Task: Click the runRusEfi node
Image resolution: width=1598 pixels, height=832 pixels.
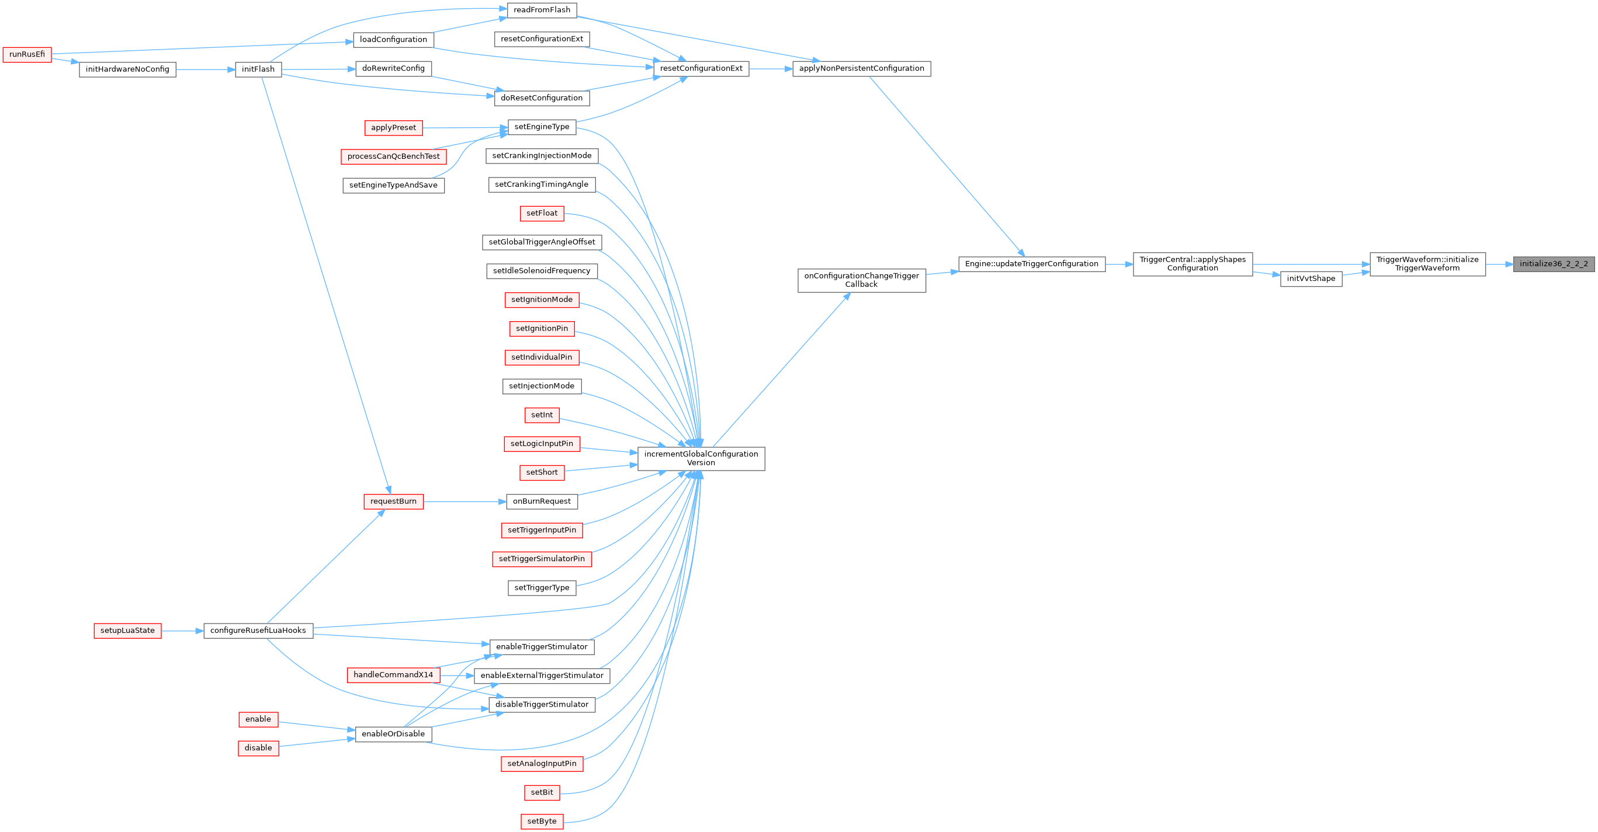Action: click(x=27, y=54)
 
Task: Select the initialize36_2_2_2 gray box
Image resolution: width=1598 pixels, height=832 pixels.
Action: click(x=1554, y=264)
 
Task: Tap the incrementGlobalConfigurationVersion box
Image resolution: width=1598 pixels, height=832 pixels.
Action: click(x=701, y=459)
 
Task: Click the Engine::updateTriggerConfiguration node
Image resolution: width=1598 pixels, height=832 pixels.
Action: click(x=1032, y=264)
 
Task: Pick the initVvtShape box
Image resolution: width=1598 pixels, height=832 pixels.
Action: click(x=1311, y=279)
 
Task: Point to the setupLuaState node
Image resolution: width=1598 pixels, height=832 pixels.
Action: click(x=128, y=631)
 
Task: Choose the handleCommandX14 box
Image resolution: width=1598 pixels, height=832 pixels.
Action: click(x=393, y=675)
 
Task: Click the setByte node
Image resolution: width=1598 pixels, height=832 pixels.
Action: click(x=542, y=821)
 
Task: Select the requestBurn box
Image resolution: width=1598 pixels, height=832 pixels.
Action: click(x=393, y=502)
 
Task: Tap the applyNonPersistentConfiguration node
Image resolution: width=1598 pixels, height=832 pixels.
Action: click(x=861, y=69)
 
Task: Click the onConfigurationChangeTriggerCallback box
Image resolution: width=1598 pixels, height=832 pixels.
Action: click(x=861, y=280)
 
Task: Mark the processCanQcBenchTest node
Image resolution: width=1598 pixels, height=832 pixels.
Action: click(x=393, y=156)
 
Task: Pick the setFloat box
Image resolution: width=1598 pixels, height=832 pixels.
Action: click(x=542, y=213)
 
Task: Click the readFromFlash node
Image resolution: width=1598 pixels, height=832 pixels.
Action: click(x=542, y=10)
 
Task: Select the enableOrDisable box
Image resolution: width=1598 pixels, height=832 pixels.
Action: click(x=393, y=734)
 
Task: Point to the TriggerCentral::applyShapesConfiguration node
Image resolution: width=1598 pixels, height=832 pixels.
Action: click(x=1193, y=264)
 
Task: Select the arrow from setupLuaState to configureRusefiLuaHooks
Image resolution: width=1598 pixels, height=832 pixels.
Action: click(x=182, y=631)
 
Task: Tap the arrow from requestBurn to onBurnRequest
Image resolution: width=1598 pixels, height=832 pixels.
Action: click(x=465, y=502)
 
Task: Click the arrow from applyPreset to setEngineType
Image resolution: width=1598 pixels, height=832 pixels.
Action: click(x=465, y=128)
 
